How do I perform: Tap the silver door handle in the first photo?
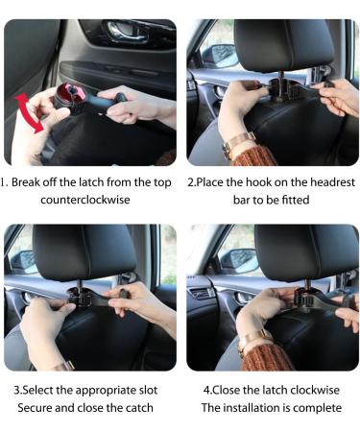click(124, 33)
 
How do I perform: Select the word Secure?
click(37, 408)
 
